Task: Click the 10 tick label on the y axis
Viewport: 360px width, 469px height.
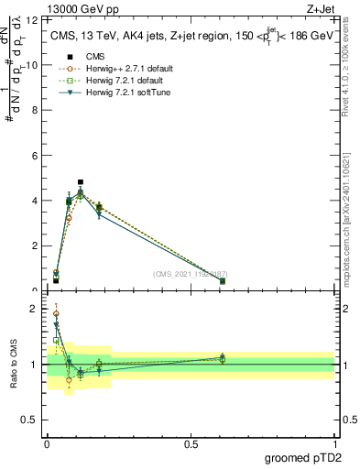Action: click(x=34, y=65)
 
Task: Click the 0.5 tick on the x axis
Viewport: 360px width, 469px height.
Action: click(x=191, y=443)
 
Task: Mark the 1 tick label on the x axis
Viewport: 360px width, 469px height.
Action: click(x=334, y=443)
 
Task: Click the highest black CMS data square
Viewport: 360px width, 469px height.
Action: click(x=81, y=182)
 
